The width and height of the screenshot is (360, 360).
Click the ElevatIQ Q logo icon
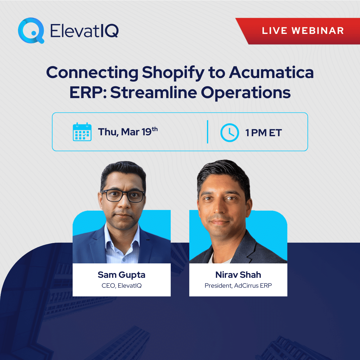tap(31, 30)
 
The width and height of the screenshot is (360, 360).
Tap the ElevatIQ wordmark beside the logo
tap(84, 31)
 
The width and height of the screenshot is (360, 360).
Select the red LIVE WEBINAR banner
tap(302, 31)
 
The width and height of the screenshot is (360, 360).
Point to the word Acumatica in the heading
tap(271, 73)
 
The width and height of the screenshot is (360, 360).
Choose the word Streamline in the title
tap(153, 92)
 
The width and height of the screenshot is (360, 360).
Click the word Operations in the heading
tap(246, 93)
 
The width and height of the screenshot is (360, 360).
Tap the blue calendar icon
tap(82, 132)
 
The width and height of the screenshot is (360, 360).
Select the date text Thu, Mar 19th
tap(127, 132)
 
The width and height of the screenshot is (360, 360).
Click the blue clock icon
tap(229, 132)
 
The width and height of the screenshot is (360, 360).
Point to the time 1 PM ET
tap(263, 133)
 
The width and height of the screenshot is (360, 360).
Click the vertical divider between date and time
tap(208, 132)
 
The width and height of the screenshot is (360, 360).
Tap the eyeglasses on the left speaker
tap(123, 196)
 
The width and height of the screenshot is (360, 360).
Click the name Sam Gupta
tap(121, 275)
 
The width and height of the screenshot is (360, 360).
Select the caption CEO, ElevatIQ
tap(121, 286)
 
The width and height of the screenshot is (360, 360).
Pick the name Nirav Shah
tap(238, 275)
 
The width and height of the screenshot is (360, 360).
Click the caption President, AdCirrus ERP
tap(238, 286)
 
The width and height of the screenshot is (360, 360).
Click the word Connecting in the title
tap(92, 73)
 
